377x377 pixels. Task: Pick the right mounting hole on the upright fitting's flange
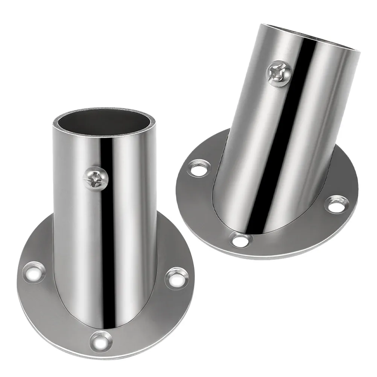coord(176,278)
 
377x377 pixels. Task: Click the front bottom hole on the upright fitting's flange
coord(101,341)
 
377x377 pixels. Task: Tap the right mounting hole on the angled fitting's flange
coord(336,204)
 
